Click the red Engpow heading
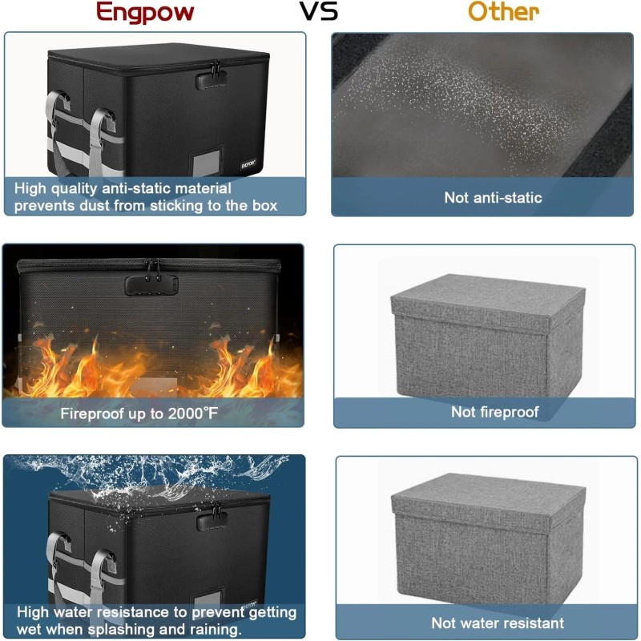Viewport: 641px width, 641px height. (145, 13)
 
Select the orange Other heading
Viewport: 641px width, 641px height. (503, 12)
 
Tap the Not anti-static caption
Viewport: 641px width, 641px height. (493, 197)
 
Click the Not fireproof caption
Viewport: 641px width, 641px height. (494, 412)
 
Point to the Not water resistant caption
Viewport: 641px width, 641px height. (498, 623)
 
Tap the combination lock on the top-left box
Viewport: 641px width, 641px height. (210, 79)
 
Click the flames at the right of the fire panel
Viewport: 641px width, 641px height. (248, 365)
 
